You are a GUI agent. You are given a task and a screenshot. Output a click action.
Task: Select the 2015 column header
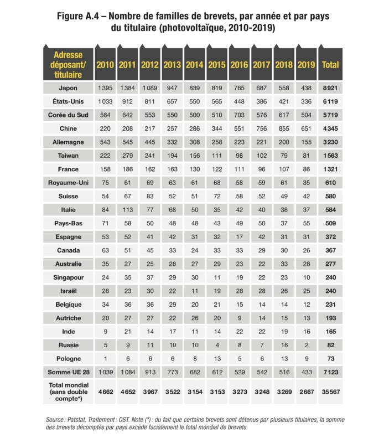[217, 65]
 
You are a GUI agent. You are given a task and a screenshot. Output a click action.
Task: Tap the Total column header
[330, 65]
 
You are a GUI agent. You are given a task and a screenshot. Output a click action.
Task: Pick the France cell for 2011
[127, 169]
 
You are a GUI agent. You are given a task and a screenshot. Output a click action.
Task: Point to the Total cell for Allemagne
[330, 142]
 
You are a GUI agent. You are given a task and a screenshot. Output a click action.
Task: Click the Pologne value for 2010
[105, 358]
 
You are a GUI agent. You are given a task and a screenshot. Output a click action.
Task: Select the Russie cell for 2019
[306, 344]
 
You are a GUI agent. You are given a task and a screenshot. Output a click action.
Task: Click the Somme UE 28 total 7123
[330, 371]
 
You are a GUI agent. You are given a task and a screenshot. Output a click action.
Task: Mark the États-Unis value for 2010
[105, 102]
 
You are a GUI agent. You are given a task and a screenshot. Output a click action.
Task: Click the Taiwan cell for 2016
[239, 156]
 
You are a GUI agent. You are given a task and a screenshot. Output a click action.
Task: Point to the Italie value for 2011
[127, 210]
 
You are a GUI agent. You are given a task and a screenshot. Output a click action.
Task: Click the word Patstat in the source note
[80, 420]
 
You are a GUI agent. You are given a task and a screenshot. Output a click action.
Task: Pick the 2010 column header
[105, 65]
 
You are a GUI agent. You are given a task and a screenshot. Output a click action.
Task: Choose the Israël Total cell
[330, 291]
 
